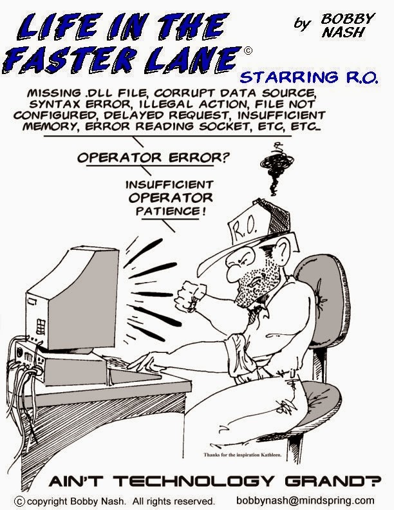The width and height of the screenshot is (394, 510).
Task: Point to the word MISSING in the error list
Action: coord(53,94)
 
